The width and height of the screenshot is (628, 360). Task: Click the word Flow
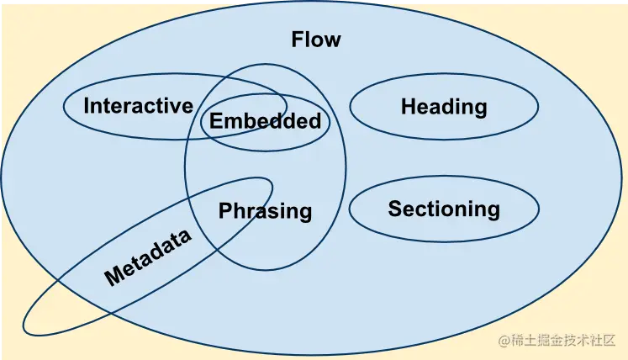point(316,40)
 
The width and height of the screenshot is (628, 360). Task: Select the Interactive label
point(138,106)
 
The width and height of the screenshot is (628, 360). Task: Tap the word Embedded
point(265,121)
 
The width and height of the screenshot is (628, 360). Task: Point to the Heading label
point(444,107)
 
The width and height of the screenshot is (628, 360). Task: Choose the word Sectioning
point(444,209)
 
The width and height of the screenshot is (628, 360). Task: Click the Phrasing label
point(265,211)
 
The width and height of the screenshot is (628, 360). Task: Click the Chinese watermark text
point(565,341)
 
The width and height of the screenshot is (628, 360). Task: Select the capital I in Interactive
point(87,106)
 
